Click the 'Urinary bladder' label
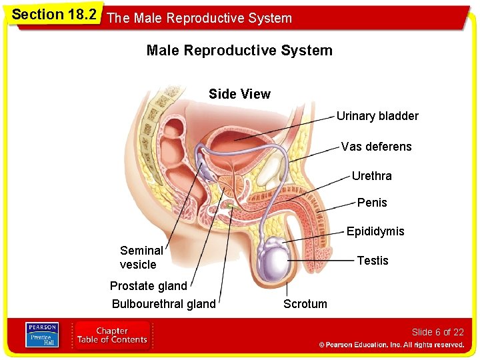point(377,116)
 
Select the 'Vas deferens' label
point(376,146)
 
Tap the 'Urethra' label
point(371,176)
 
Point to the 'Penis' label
point(372,202)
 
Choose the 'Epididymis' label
point(375,231)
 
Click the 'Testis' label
point(373,260)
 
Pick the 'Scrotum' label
point(305,304)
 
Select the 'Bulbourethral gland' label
point(164,304)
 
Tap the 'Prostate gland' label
point(149,286)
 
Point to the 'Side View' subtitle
point(239,94)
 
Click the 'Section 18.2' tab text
point(54,15)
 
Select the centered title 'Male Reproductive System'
point(239,51)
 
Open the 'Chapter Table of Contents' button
point(112,335)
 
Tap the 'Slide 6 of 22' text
point(437,332)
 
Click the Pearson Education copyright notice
point(391,345)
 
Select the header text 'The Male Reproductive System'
point(199,18)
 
